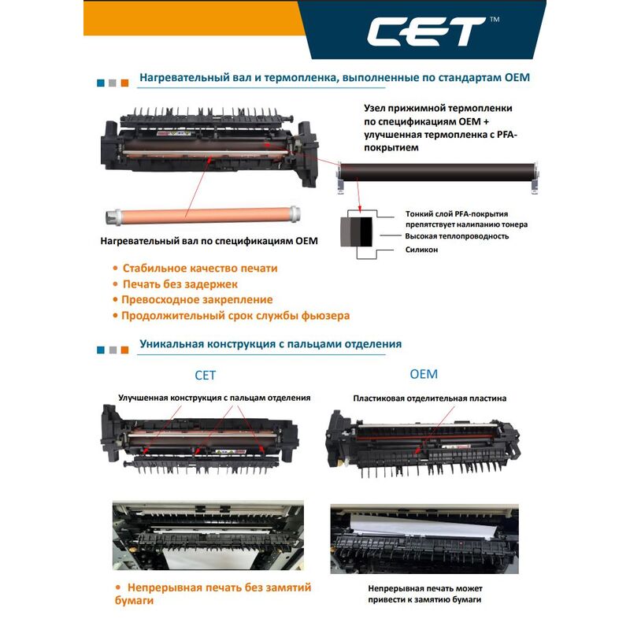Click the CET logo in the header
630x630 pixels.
pos(426,31)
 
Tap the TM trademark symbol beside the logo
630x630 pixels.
pos(495,19)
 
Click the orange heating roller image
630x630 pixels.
pos(202,215)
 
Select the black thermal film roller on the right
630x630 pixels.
pos(438,172)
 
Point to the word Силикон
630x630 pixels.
pos(421,250)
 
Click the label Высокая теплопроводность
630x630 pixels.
pos(457,236)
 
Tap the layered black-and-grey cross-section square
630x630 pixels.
pos(357,232)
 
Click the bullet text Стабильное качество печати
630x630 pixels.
pos(200,268)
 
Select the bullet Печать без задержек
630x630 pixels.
pos(180,284)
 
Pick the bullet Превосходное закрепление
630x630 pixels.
pos(197,300)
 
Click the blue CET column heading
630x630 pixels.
pos(205,376)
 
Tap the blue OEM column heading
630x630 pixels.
pos(424,374)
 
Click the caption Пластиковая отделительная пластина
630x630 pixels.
pos(429,398)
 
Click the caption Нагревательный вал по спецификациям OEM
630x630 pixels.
pos(209,241)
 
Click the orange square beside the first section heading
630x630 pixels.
pos(124,83)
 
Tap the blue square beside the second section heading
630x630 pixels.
pos(101,350)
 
